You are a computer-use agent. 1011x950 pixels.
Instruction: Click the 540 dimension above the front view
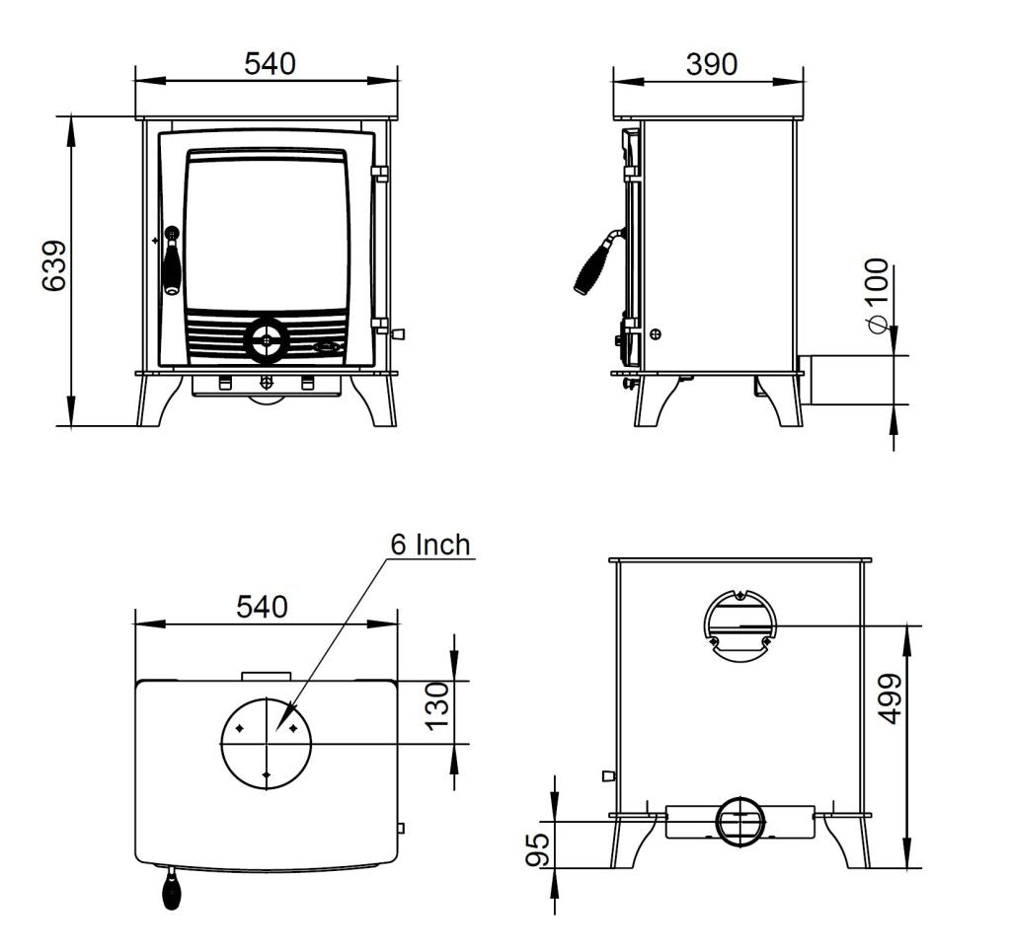[269, 64]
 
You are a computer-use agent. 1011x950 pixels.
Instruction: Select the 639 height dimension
[53, 266]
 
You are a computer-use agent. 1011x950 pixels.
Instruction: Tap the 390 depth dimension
[710, 64]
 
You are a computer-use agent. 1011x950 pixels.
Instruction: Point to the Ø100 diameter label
[876, 295]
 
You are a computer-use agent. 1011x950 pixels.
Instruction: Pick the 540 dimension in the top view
[262, 607]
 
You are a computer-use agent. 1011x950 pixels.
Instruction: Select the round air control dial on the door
[265, 340]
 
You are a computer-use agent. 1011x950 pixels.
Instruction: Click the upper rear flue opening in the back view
[739, 623]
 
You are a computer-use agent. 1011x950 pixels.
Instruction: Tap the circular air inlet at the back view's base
[739, 822]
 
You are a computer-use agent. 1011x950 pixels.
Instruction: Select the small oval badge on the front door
[327, 346]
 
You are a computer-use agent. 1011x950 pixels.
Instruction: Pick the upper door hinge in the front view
[379, 174]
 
